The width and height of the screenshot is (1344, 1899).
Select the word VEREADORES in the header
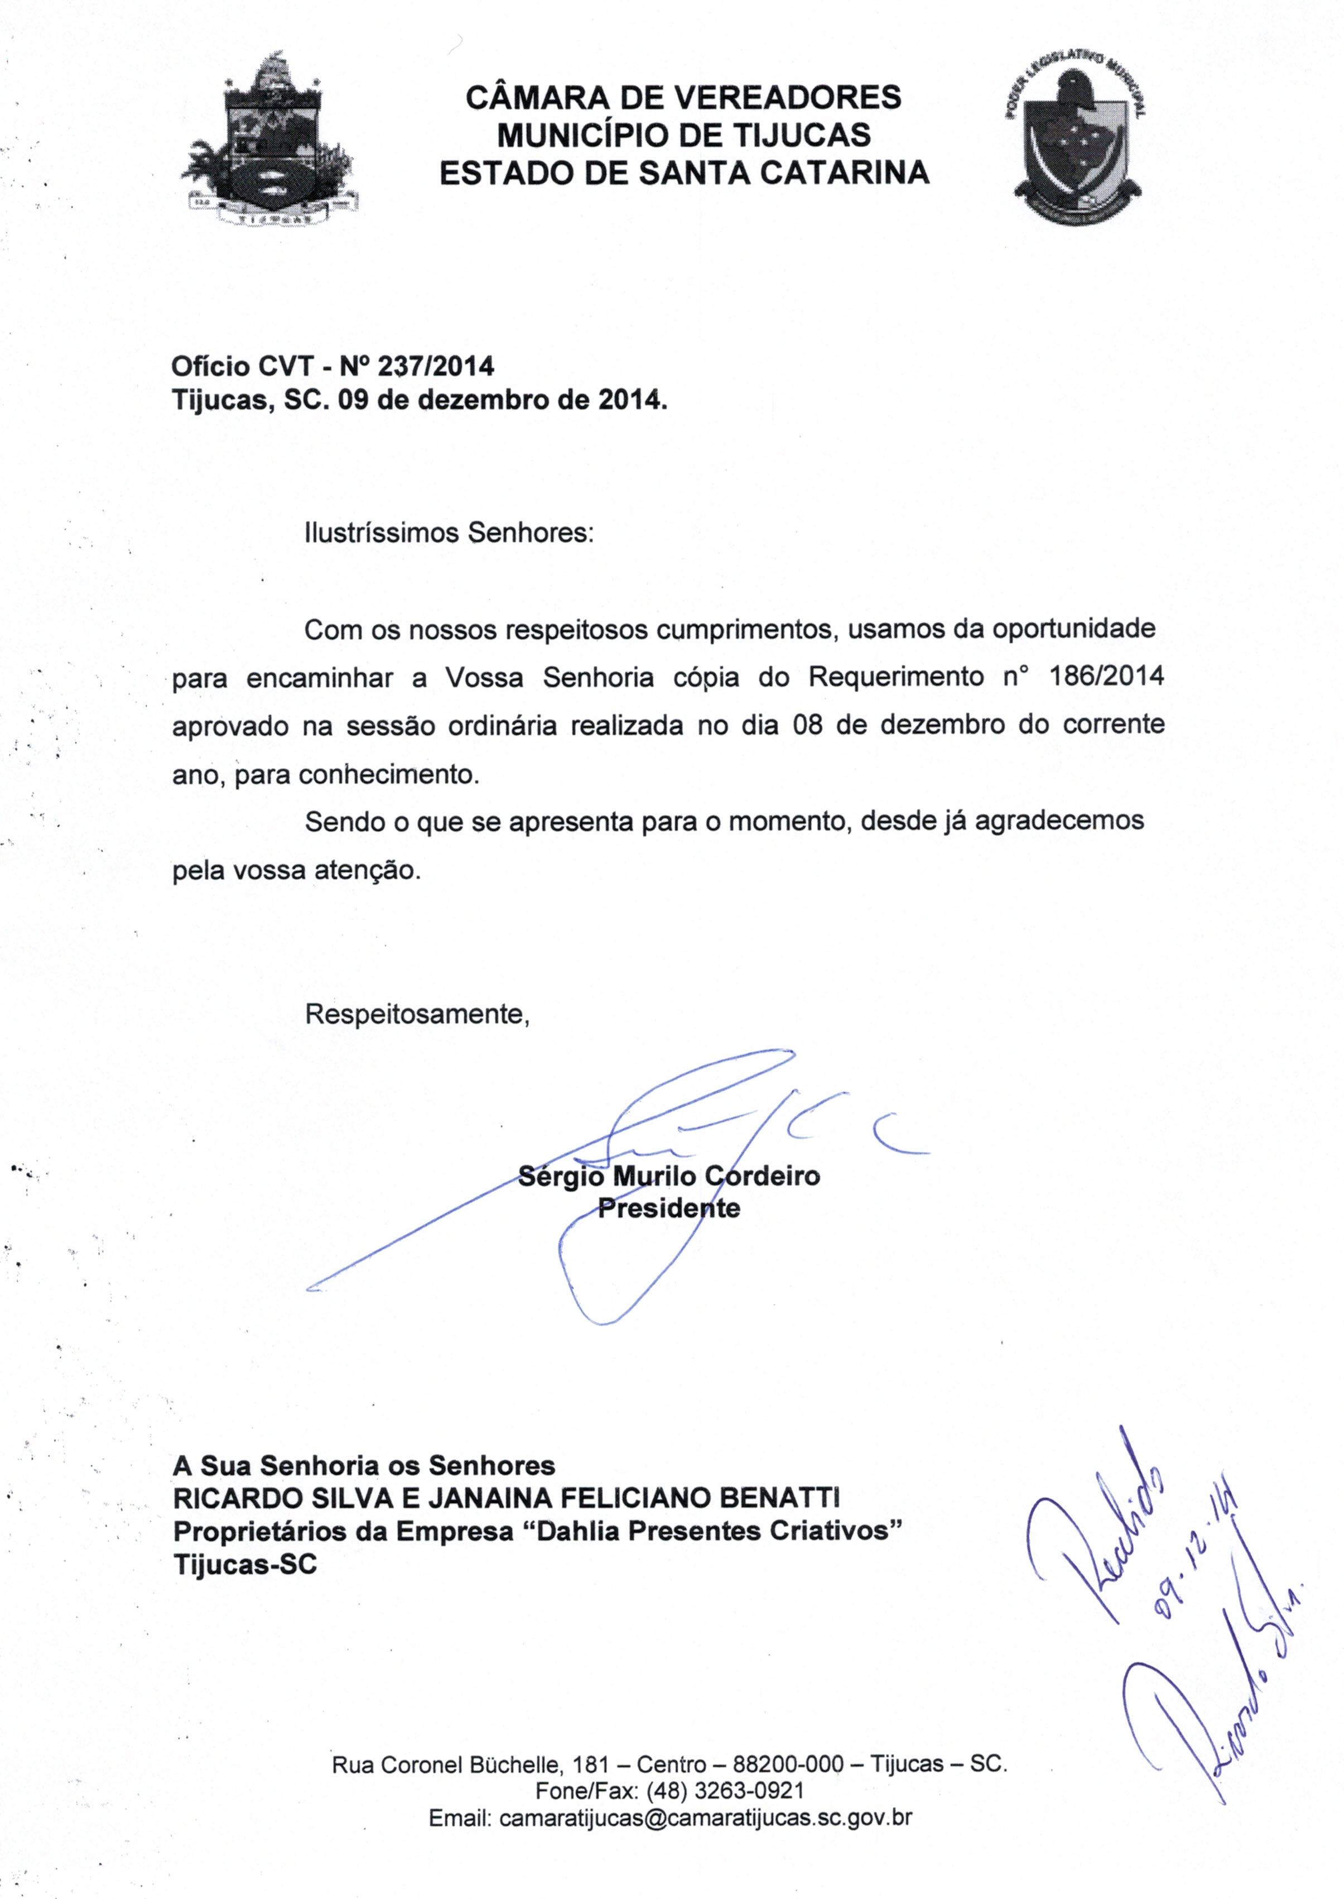pyautogui.click(x=789, y=98)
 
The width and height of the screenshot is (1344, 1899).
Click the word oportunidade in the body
pyautogui.click(x=1073, y=629)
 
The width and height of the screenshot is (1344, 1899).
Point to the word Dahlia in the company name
pyautogui.click(x=579, y=1532)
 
